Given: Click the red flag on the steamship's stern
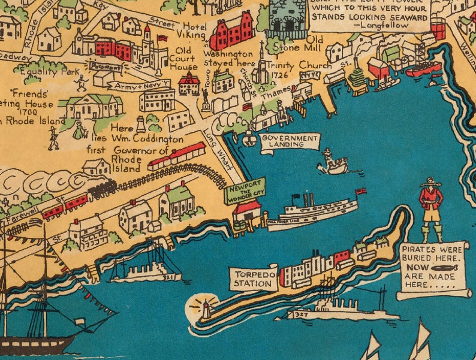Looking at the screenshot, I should tap(361, 192).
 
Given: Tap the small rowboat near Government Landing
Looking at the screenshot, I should tap(333, 163).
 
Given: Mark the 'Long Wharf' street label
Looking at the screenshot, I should tap(214, 146).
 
